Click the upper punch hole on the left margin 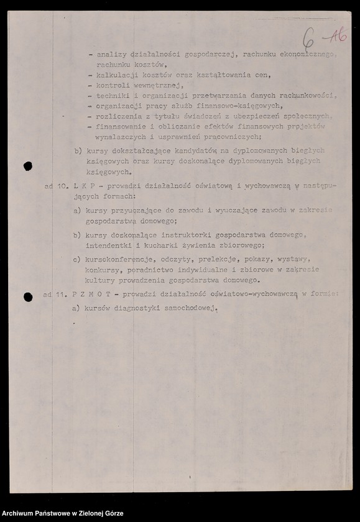click(x=27, y=166)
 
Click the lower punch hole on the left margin click(x=28, y=297)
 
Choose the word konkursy click(x=103, y=270)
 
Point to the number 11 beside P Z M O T click(x=60, y=294)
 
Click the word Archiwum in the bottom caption click(x=21, y=513)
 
